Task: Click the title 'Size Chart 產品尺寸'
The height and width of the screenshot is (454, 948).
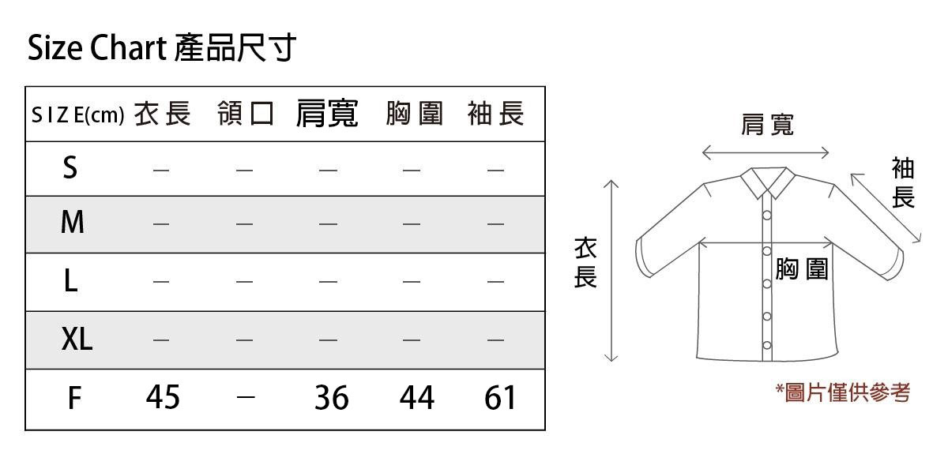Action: tap(161, 49)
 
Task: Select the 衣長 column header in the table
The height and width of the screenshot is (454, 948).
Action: tap(162, 114)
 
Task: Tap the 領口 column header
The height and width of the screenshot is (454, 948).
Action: tap(245, 114)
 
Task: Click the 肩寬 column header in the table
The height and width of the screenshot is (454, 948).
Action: tap(327, 114)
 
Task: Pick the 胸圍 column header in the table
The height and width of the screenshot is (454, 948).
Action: tap(414, 114)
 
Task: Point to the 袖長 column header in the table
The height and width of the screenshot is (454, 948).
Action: tap(495, 114)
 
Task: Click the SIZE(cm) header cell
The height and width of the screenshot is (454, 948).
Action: tap(77, 115)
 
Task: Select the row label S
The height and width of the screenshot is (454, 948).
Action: tap(70, 167)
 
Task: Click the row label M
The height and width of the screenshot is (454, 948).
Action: tap(72, 223)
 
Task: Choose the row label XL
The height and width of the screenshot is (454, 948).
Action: tap(77, 340)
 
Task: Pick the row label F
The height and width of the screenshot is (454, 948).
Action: tap(73, 398)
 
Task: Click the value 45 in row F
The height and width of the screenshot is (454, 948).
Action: tap(163, 397)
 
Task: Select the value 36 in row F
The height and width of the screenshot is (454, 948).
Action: tap(331, 398)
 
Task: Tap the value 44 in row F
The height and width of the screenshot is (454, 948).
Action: tap(416, 398)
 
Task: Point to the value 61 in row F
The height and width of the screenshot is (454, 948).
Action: tap(500, 398)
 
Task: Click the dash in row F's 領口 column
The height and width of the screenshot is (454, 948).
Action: tap(245, 398)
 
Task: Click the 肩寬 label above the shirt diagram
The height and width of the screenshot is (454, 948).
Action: tap(766, 124)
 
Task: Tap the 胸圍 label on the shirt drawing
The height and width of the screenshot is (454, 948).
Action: tap(802, 269)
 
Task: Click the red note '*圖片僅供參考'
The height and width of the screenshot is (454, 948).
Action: tap(842, 392)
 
